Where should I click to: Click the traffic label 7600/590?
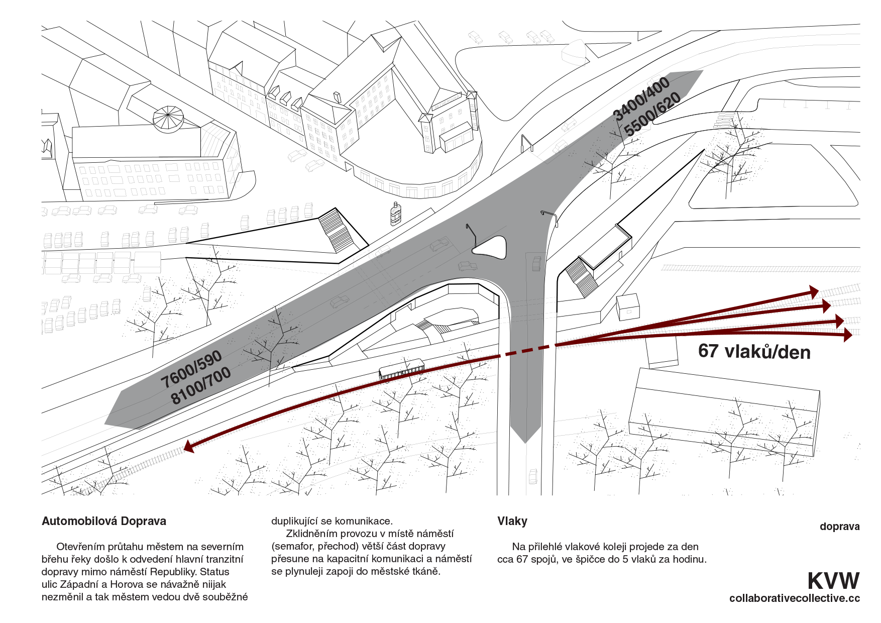(x=191, y=369)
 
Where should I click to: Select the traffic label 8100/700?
(x=200, y=385)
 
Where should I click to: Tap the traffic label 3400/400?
(x=642, y=98)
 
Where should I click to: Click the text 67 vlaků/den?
(x=754, y=351)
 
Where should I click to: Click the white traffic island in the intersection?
(x=490, y=247)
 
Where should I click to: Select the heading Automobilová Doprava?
(x=104, y=522)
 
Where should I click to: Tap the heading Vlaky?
(x=512, y=522)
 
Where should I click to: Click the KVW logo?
(x=833, y=581)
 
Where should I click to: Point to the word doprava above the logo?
(x=839, y=527)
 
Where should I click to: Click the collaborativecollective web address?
(x=794, y=598)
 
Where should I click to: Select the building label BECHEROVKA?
(x=447, y=101)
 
